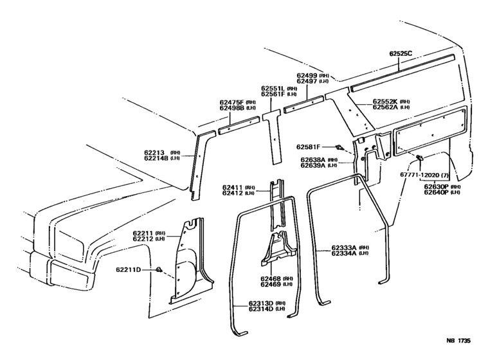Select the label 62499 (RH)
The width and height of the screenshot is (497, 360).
pos(307,75)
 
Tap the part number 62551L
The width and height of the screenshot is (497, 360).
pos(273,88)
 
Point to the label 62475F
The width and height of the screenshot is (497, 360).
pos(231,102)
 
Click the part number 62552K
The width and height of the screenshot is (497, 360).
pos(385,102)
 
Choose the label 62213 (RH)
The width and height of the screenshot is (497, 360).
pos(156,152)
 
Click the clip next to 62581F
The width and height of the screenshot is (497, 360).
pos(341,148)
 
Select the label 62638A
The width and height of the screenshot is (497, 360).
pos(312,159)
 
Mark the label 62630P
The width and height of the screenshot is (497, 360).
pos(435,185)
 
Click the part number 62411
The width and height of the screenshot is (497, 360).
pos(232,186)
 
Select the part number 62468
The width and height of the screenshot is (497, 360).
pos(271,278)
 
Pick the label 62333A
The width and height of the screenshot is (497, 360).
pos(345,247)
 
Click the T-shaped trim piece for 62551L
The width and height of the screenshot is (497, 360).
pos(275,138)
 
